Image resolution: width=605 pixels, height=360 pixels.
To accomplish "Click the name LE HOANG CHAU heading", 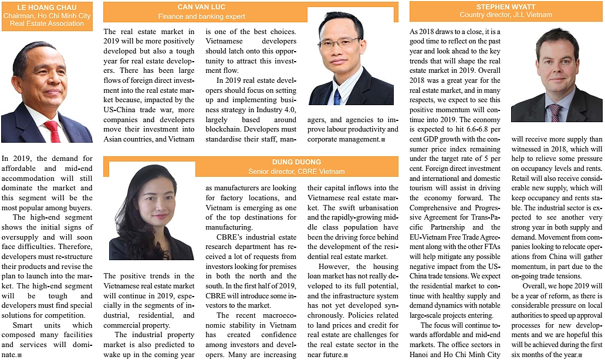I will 46,7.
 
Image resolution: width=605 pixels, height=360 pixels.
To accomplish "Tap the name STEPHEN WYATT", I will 505,7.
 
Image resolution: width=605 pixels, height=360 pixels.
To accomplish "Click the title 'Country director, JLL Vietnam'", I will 505,15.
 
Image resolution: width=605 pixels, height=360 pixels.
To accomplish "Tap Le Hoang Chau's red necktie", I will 53,130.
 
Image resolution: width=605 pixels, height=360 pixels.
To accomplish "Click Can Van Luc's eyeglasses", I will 339,42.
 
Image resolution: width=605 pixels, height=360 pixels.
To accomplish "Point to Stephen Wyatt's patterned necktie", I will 554,112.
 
